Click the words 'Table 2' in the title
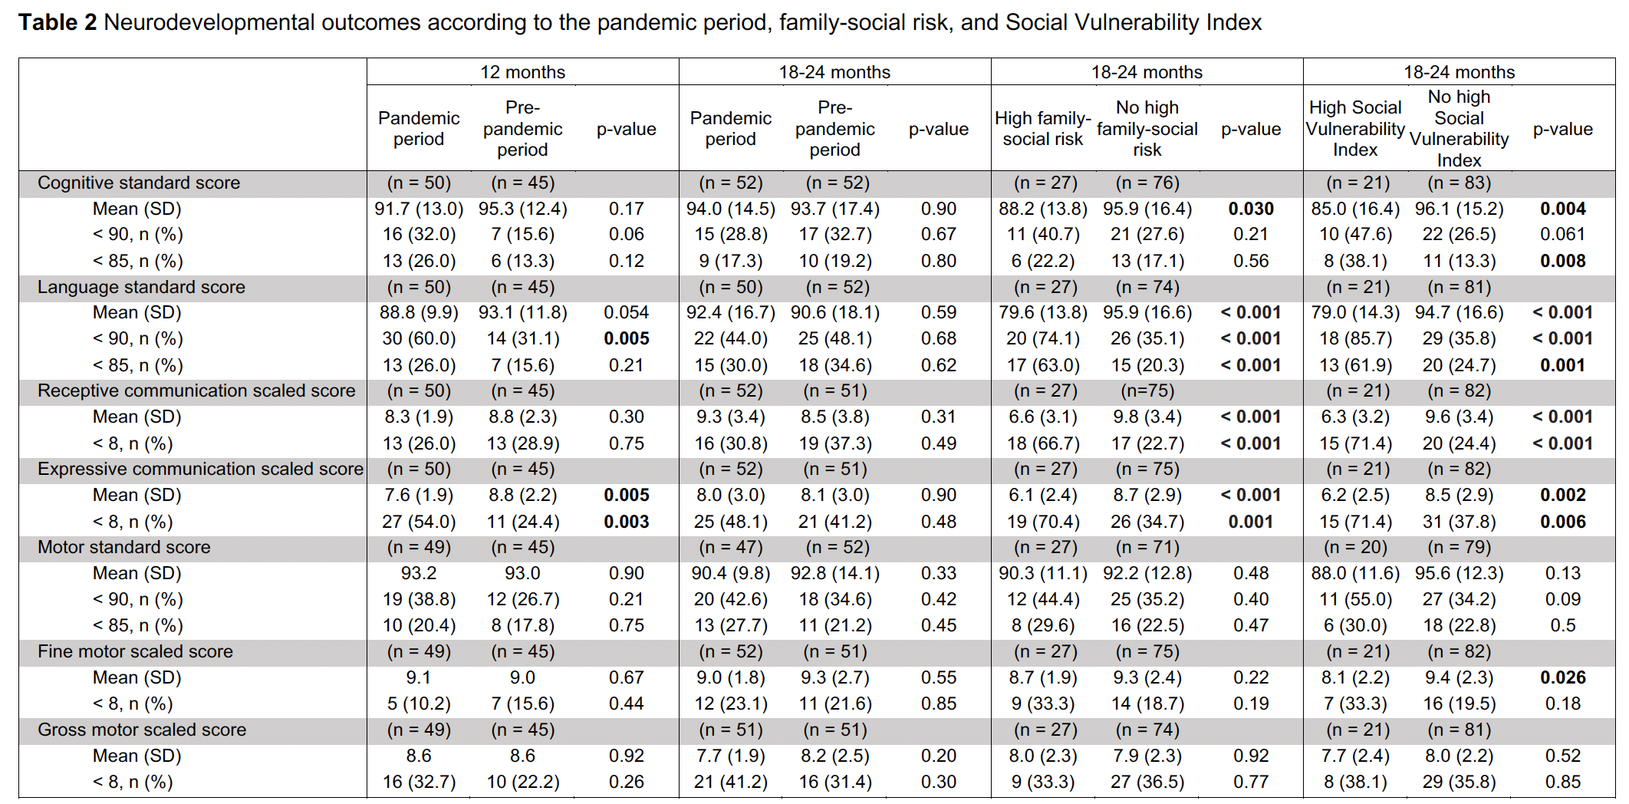(58, 22)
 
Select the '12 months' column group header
(522, 72)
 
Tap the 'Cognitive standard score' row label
(139, 183)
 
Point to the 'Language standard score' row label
(141, 287)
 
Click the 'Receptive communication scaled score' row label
(196, 390)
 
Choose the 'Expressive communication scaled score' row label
(200, 469)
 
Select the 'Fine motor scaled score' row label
(135, 651)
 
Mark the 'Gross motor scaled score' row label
(142, 730)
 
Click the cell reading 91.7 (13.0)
(419, 209)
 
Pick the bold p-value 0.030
(1251, 209)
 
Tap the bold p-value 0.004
(1563, 209)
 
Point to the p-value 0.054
(627, 312)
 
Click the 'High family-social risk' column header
(1043, 129)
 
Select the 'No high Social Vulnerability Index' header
(1460, 129)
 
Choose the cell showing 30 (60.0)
(419, 338)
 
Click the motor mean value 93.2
(419, 573)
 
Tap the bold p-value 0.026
(1563, 677)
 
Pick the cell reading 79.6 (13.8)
(1043, 312)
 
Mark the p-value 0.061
(1563, 234)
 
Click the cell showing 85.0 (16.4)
(1355, 209)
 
